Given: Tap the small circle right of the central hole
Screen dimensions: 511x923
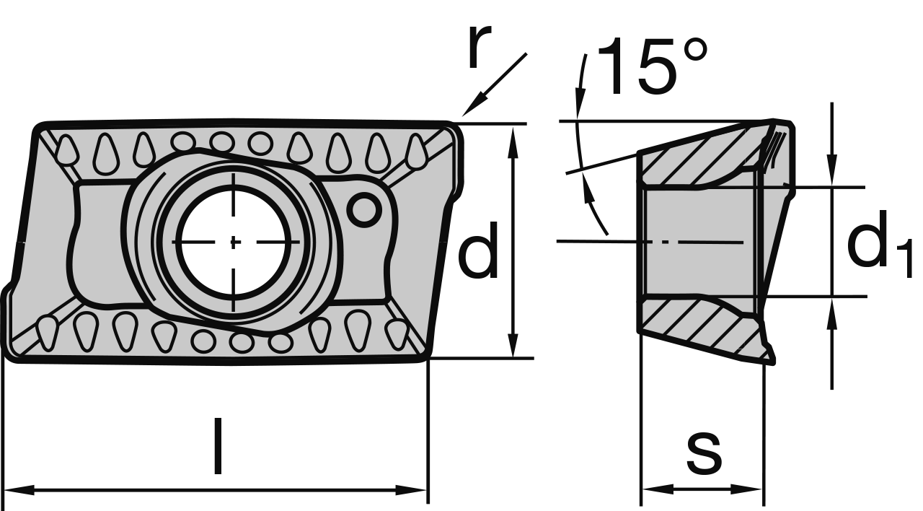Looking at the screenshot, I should [x=364, y=210].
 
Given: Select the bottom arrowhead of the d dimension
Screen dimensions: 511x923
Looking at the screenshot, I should [x=513, y=346].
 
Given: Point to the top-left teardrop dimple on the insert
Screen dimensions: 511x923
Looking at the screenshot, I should [x=68, y=150].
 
